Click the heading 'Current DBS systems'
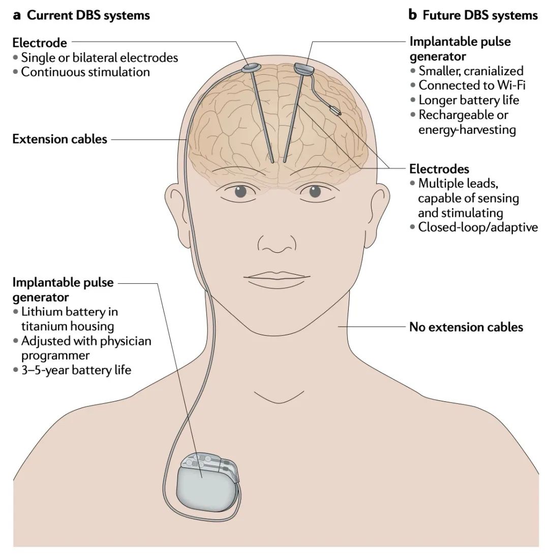(88, 15)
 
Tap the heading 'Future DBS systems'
(480, 15)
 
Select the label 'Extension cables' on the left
(59, 139)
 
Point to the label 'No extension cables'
(466, 327)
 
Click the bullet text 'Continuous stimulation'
(85, 72)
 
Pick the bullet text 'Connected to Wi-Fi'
(472, 85)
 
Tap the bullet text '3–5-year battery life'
(76, 370)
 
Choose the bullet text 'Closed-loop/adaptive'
(477, 227)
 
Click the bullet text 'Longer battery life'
(469, 100)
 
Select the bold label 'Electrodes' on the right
(439, 168)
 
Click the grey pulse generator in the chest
(206, 489)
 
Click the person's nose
(277, 243)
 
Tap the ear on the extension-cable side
(174, 205)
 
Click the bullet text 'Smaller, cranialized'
(471, 71)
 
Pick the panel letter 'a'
(17, 15)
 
